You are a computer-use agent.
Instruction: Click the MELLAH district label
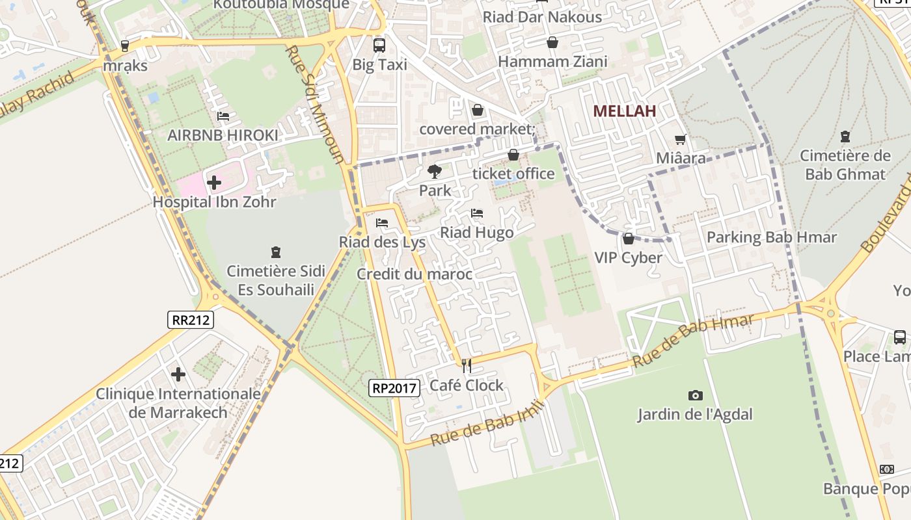pyautogui.click(x=624, y=111)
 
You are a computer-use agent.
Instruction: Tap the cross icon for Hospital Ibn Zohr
pyautogui.click(x=214, y=183)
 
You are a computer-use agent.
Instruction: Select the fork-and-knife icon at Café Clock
pyautogui.click(x=467, y=366)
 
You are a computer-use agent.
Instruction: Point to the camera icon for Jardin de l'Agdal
pyautogui.click(x=695, y=395)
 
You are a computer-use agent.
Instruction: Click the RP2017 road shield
pyautogui.click(x=394, y=388)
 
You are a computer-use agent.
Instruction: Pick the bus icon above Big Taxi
pyautogui.click(x=379, y=45)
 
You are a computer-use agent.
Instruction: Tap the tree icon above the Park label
pyautogui.click(x=435, y=172)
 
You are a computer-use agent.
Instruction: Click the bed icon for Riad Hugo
pyautogui.click(x=477, y=213)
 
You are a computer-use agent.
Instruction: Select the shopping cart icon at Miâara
pyautogui.click(x=681, y=139)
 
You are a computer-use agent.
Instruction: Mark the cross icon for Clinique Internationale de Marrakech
pyautogui.click(x=178, y=374)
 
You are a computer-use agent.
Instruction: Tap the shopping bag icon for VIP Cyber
pyautogui.click(x=628, y=239)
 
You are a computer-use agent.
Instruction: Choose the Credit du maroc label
pyautogui.click(x=415, y=274)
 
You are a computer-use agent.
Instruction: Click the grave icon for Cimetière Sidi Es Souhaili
pyautogui.click(x=276, y=252)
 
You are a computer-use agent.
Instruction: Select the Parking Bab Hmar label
pyautogui.click(x=771, y=237)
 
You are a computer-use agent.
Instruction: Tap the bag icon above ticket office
pyautogui.click(x=513, y=155)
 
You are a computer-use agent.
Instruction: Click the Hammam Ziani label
pyautogui.click(x=552, y=62)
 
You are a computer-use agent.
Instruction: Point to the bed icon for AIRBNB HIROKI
pyautogui.click(x=223, y=116)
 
